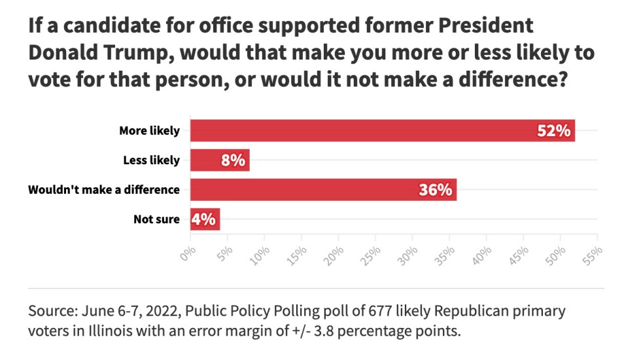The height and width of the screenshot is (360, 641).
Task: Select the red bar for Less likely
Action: point(220,160)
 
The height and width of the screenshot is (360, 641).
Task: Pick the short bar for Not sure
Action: point(205,219)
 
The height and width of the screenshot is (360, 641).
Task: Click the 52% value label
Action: point(554,130)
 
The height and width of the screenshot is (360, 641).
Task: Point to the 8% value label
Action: point(233,160)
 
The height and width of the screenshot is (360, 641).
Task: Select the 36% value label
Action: point(436,190)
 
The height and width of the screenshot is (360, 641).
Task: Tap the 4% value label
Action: point(204,219)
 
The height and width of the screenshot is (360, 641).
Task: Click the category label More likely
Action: point(149,130)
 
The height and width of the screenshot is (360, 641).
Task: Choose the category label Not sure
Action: point(156,219)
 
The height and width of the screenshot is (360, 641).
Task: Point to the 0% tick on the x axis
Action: point(188,253)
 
